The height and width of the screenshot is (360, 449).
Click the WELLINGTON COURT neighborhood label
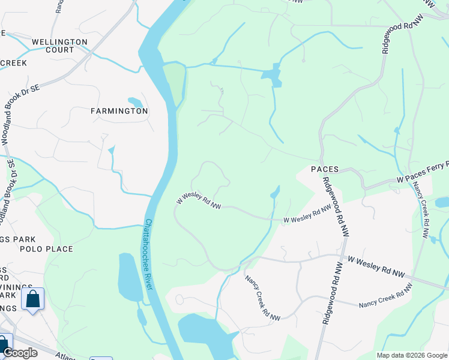(x=59, y=46)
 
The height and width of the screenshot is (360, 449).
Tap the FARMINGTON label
(x=119, y=111)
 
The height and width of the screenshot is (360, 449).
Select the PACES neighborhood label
(x=325, y=170)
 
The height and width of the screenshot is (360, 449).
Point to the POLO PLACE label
(x=46, y=249)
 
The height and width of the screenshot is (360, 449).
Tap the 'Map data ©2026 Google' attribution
(x=411, y=355)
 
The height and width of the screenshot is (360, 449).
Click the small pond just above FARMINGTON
(x=135, y=102)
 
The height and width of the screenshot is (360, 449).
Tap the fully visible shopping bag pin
(x=32, y=298)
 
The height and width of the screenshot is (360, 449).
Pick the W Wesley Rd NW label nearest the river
(x=199, y=202)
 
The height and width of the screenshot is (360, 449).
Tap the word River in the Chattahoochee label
(x=149, y=278)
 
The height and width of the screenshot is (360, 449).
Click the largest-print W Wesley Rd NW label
(x=376, y=268)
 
